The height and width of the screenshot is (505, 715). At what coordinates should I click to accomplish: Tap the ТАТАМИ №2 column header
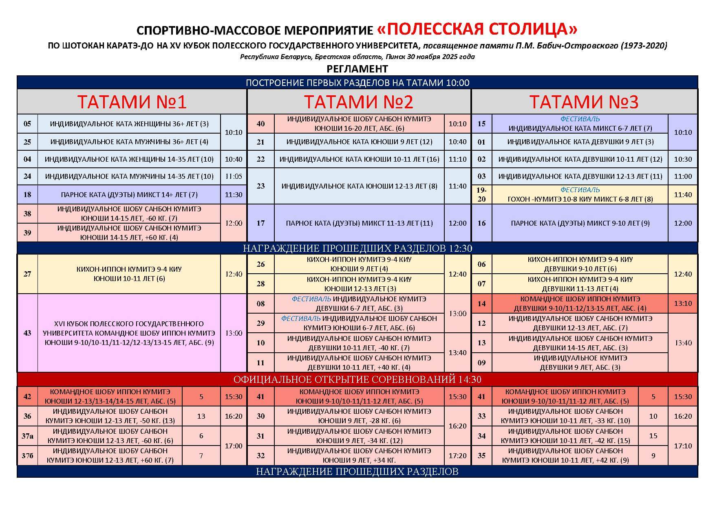click(x=358, y=102)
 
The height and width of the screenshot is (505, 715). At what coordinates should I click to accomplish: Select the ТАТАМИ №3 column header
click(x=584, y=102)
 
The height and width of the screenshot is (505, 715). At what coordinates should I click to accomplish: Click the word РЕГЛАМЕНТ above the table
click(x=357, y=69)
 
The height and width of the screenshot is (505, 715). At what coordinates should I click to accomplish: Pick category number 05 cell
click(x=27, y=124)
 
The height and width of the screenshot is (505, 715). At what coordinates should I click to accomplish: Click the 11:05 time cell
click(x=234, y=176)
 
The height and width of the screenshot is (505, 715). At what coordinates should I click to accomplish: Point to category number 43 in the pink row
click(x=27, y=333)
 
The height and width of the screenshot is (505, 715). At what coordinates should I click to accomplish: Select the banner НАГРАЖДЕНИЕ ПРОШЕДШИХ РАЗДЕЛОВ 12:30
click(x=357, y=248)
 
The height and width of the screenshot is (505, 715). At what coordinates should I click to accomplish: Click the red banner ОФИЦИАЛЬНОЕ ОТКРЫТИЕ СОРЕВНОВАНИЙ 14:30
click(x=357, y=380)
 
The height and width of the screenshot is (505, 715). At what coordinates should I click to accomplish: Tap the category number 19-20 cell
click(x=481, y=194)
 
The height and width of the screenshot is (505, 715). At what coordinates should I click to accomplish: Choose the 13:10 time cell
click(x=683, y=303)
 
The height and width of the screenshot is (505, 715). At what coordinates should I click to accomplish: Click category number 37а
click(x=27, y=436)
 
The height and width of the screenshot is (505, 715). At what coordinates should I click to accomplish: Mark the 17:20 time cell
click(x=457, y=456)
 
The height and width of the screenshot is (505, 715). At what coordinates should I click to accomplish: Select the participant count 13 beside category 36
click(x=201, y=416)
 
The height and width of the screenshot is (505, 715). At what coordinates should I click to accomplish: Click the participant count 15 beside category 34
click(x=653, y=436)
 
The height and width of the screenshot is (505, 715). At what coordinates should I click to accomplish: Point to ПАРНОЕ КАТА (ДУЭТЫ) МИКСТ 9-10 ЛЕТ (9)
click(x=580, y=223)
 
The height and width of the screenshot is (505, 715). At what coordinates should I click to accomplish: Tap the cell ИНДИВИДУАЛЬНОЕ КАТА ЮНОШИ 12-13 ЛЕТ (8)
click(x=359, y=186)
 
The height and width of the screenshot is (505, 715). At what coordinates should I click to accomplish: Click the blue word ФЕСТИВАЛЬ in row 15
click(x=580, y=119)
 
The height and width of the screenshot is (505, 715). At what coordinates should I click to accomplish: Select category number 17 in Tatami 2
click(x=260, y=223)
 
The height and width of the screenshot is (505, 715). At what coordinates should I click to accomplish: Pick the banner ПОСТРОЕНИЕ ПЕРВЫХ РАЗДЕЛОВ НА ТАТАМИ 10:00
click(x=357, y=83)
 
